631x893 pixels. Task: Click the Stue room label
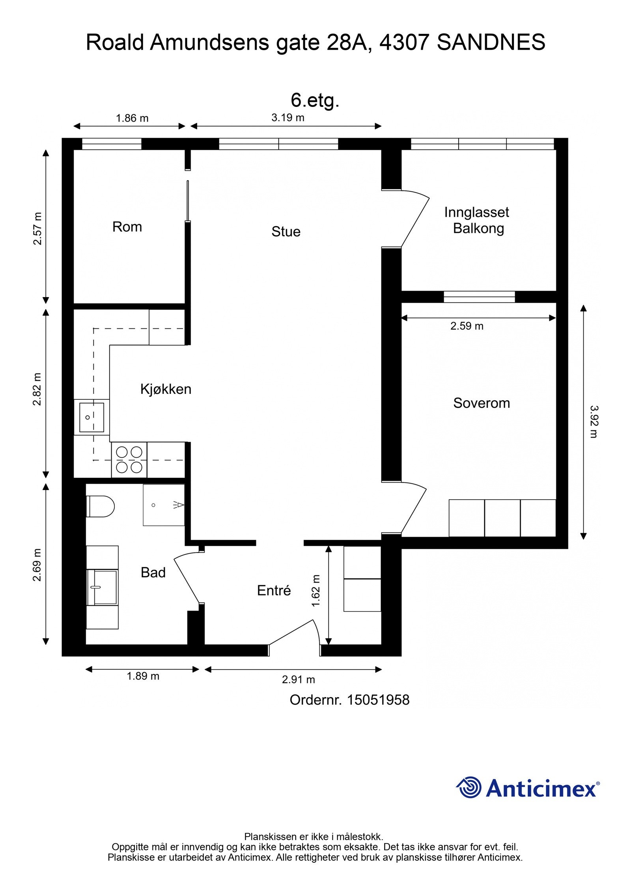click(286, 232)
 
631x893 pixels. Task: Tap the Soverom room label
click(481, 403)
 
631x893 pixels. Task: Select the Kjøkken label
click(166, 389)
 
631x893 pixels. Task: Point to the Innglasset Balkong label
click(477, 220)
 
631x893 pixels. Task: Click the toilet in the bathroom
click(100, 506)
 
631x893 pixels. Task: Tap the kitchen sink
click(91, 417)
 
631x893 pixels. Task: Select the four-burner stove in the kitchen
click(129, 459)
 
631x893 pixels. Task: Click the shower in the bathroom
click(164, 505)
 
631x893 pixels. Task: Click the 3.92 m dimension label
click(594, 421)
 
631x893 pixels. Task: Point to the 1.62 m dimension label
click(316, 591)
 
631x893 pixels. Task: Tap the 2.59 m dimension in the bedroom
click(467, 326)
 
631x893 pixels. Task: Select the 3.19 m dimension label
click(287, 118)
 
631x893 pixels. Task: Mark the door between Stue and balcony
click(414, 219)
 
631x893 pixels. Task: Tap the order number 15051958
click(377, 700)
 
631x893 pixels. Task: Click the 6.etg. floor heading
click(315, 100)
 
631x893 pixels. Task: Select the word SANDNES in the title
click(491, 43)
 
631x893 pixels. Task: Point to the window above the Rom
click(112, 144)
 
